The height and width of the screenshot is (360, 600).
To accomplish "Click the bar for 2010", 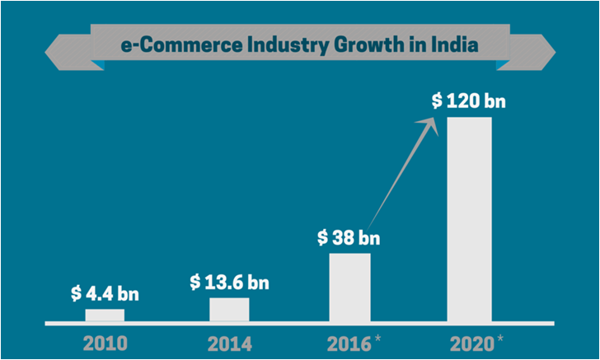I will pyautogui.click(x=105, y=315).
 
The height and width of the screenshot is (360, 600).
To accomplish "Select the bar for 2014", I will pyautogui.click(x=229, y=309).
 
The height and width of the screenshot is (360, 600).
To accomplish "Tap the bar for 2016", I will pyautogui.click(x=349, y=287).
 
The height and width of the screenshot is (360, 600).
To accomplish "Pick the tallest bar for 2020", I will pyautogui.click(x=469, y=218).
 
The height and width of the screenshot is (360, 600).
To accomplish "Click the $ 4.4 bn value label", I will pyautogui.click(x=105, y=293).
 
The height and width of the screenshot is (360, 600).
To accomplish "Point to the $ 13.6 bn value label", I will pyautogui.click(x=229, y=282).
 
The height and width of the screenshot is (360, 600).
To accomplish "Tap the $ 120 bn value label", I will pyautogui.click(x=468, y=102).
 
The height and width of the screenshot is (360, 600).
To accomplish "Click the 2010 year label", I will pyautogui.click(x=104, y=342).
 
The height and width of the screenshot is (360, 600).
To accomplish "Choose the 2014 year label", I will pyautogui.click(x=228, y=342).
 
